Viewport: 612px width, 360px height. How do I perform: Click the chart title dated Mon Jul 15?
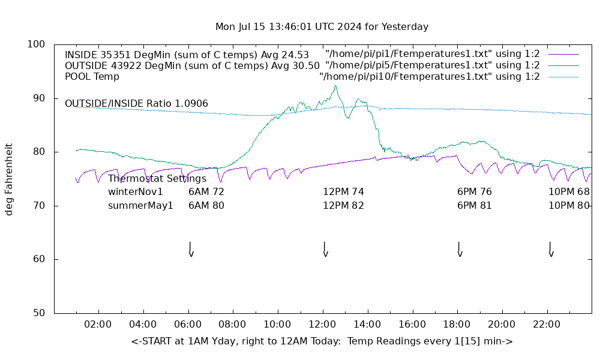[x=322, y=27]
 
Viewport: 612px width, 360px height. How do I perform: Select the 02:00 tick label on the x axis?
[x=98, y=325]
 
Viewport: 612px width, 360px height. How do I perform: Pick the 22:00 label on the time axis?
[x=547, y=325]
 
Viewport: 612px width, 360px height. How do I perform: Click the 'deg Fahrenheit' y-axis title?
[x=10, y=179]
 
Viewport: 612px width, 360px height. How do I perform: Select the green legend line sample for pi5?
[x=563, y=65]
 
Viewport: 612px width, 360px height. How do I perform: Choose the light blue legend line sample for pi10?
[x=563, y=77]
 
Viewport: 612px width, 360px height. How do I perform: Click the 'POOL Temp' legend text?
[x=92, y=77]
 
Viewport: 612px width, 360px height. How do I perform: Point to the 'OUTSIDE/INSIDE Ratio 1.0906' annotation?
[x=136, y=104]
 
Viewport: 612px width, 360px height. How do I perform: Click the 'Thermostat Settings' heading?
[x=157, y=178]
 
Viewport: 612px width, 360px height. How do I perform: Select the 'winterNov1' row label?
[x=136, y=192]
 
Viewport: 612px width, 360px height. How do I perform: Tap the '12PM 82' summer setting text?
[x=343, y=205]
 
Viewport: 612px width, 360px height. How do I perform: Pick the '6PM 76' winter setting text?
[x=474, y=192]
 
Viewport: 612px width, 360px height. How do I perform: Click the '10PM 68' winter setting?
[x=569, y=192]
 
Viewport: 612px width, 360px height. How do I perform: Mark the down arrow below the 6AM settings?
[x=191, y=250]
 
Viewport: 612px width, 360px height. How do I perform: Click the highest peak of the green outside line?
[x=335, y=86]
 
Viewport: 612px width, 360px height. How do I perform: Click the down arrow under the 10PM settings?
[x=551, y=250]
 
